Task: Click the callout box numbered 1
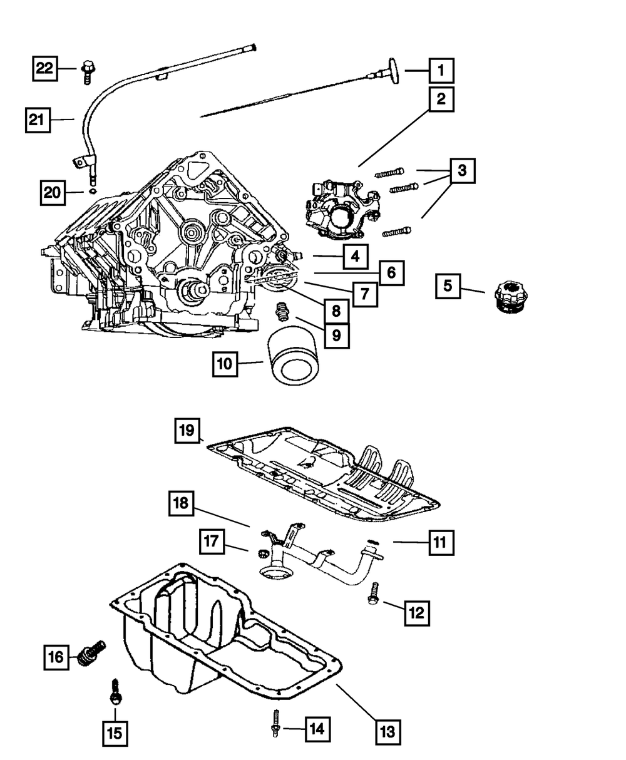pos(441,71)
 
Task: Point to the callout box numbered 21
pos(38,120)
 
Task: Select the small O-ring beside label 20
pos(92,191)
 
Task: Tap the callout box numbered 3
pos(461,170)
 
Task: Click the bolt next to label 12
pos(373,593)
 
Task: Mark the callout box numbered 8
pos(336,309)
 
